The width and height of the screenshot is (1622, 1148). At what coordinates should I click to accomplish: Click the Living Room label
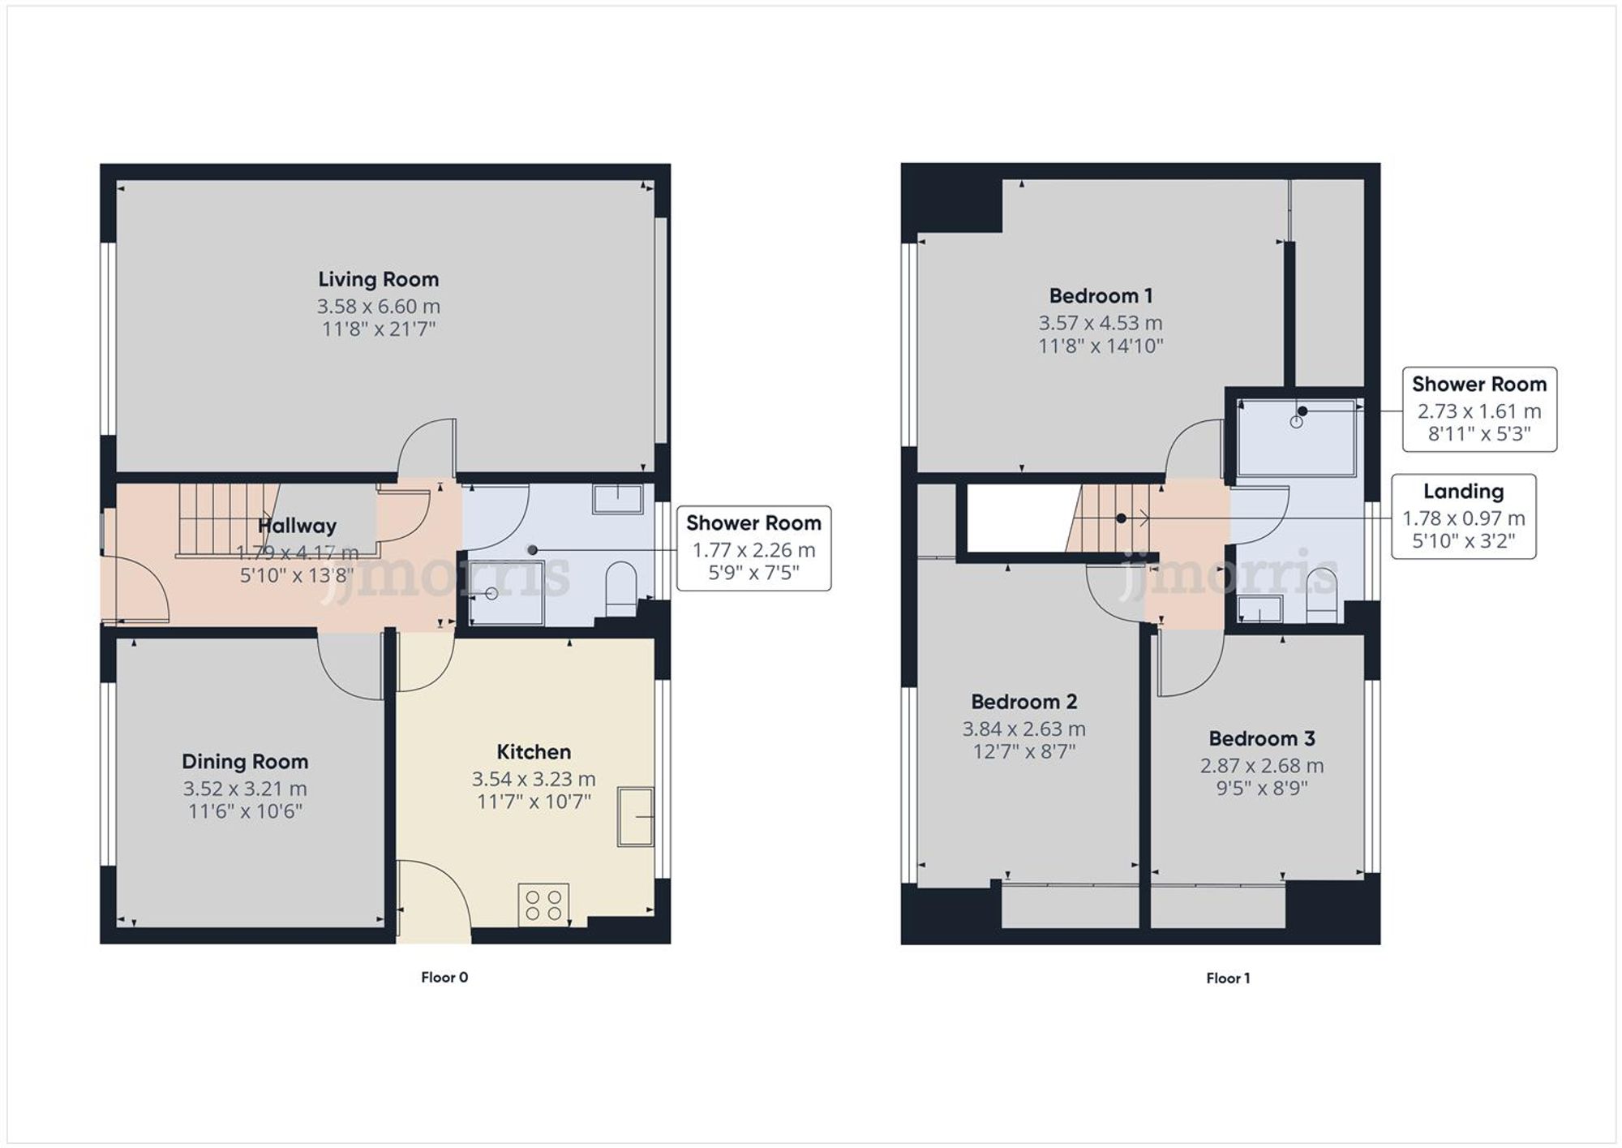[x=378, y=279]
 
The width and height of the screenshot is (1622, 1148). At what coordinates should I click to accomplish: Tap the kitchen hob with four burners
[x=543, y=905]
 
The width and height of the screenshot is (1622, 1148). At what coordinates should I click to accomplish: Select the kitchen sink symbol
[x=636, y=816]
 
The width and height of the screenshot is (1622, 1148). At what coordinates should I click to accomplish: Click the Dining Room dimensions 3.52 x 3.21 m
[x=245, y=789]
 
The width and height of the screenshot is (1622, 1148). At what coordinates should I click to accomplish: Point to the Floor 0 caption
[x=444, y=977]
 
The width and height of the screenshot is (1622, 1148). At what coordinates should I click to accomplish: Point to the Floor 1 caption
[x=1228, y=978]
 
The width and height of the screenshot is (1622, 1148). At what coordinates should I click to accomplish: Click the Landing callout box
[x=1463, y=517]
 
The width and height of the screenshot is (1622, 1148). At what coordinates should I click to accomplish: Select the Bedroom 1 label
[x=1101, y=295]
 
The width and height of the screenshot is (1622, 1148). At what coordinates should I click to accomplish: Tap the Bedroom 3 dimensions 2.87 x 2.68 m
[x=1262, y=765]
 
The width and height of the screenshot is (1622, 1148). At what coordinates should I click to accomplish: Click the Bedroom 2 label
[x=1023, y=701]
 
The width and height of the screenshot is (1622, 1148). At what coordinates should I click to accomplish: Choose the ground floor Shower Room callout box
[x=753, y=548]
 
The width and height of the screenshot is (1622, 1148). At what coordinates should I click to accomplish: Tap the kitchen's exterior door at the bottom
[x=434, y=901]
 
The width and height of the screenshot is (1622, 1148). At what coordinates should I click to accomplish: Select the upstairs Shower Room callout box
[x=1478, y=409]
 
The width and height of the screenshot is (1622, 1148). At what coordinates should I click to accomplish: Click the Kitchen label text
[x=534, y=751]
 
